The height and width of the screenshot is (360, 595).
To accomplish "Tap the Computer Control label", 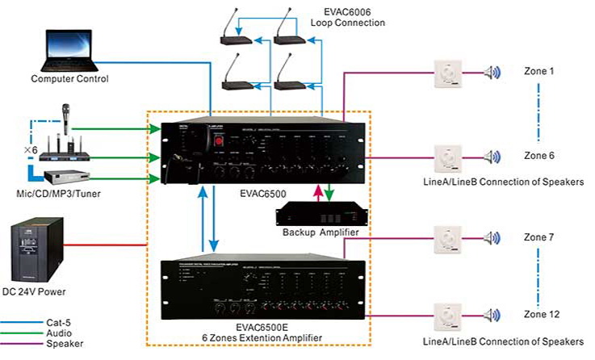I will pyautogui.click(x=69, y=79).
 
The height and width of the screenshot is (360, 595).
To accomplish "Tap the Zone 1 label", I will pyautogui.click(x=538, y=72).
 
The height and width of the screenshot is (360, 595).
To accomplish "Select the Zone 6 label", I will pyautogui.click(x=538, y=154).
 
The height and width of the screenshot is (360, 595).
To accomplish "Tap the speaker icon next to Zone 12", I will pyautogui.click(x=491, y=313).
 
